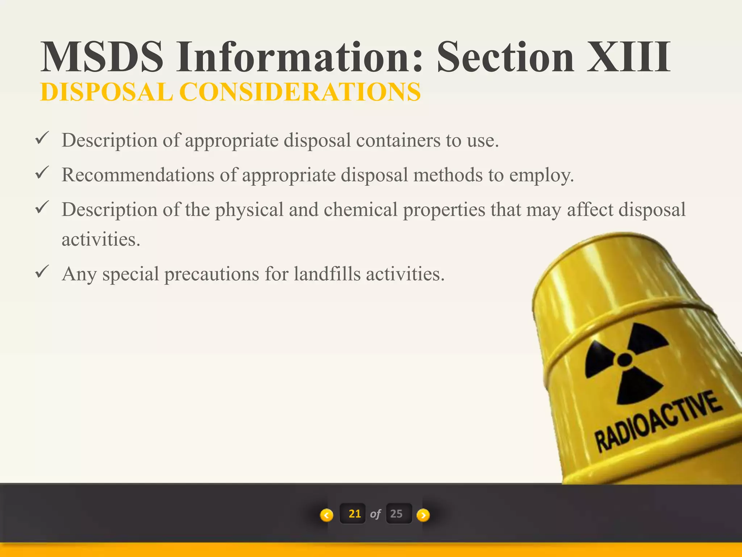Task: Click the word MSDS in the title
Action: (102, 57)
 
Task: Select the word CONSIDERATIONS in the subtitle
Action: (300, 92)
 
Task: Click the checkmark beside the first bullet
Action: (42, 139)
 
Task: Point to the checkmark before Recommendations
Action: (42, 173)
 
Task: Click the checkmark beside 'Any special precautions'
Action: (42, 272)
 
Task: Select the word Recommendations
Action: (138, 175)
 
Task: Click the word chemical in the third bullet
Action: (360, 210)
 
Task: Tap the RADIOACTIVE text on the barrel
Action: (658, 422)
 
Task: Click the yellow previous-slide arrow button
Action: (326, 515)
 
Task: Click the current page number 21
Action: (354, 514)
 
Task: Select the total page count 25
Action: (397, 514)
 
